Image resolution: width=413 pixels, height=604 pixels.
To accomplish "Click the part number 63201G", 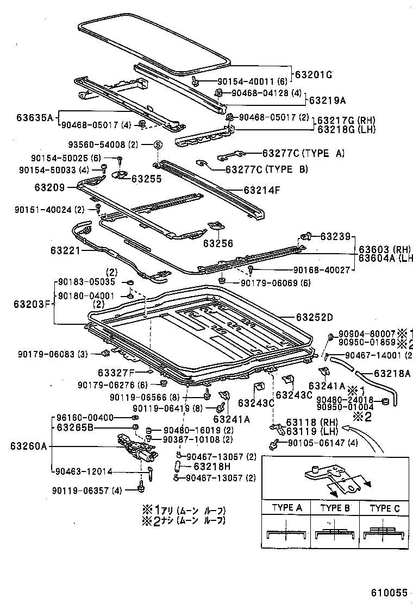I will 314,74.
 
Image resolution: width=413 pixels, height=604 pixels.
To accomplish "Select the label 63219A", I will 327,100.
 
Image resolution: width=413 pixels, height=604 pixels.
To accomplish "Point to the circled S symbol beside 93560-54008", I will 157,145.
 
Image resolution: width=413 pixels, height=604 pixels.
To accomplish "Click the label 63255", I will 146,178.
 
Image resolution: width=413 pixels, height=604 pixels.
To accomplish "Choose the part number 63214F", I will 262,190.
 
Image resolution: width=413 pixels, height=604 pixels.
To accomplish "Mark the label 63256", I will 218,244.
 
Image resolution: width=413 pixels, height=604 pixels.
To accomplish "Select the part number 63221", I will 66,250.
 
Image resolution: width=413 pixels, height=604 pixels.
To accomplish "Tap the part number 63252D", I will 315,317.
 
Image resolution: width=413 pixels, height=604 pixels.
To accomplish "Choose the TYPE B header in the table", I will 334,508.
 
